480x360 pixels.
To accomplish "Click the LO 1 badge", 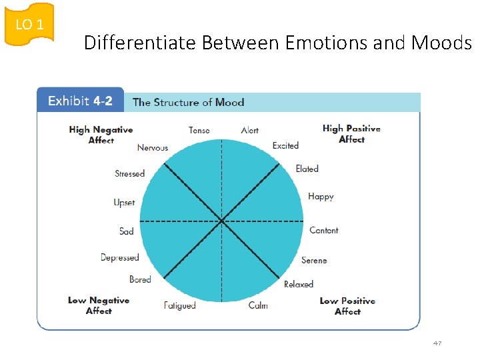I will click(x=29, y=25).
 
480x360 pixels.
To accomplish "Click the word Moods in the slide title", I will click(x=441, y=43).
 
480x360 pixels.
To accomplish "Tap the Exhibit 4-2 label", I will click(x=80, y=101).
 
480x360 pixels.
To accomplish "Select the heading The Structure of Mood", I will click(x=188, y=102).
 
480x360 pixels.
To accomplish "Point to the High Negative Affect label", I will click(x=101, y=135).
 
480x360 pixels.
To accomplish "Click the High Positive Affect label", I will click(x=351, y=133).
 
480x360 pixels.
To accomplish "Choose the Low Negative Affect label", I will click(x=99, y=305).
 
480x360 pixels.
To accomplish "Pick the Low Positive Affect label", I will click(x=347, y=306).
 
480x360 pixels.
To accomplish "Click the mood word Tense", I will click(x=199, y=130).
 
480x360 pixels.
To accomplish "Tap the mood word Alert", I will click(x=250, y=130).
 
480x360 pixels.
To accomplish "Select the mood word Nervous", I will click(x=153, y=147).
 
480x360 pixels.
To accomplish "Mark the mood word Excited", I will click(x=285, y=145).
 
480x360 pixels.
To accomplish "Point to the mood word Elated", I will click(x=307, y=169).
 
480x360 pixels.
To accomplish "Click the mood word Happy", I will click(x=321, y=197).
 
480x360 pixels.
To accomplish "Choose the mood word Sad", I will click(x=127, y=231).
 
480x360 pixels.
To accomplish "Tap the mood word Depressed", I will click(x=120, y=257).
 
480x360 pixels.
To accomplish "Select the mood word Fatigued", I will click(x=180, y=305).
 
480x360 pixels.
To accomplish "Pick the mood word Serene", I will click(x=314, y=260).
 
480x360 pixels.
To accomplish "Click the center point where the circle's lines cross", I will click(x=221, y=221).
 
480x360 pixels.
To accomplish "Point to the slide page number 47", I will click(x=437, y=343).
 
